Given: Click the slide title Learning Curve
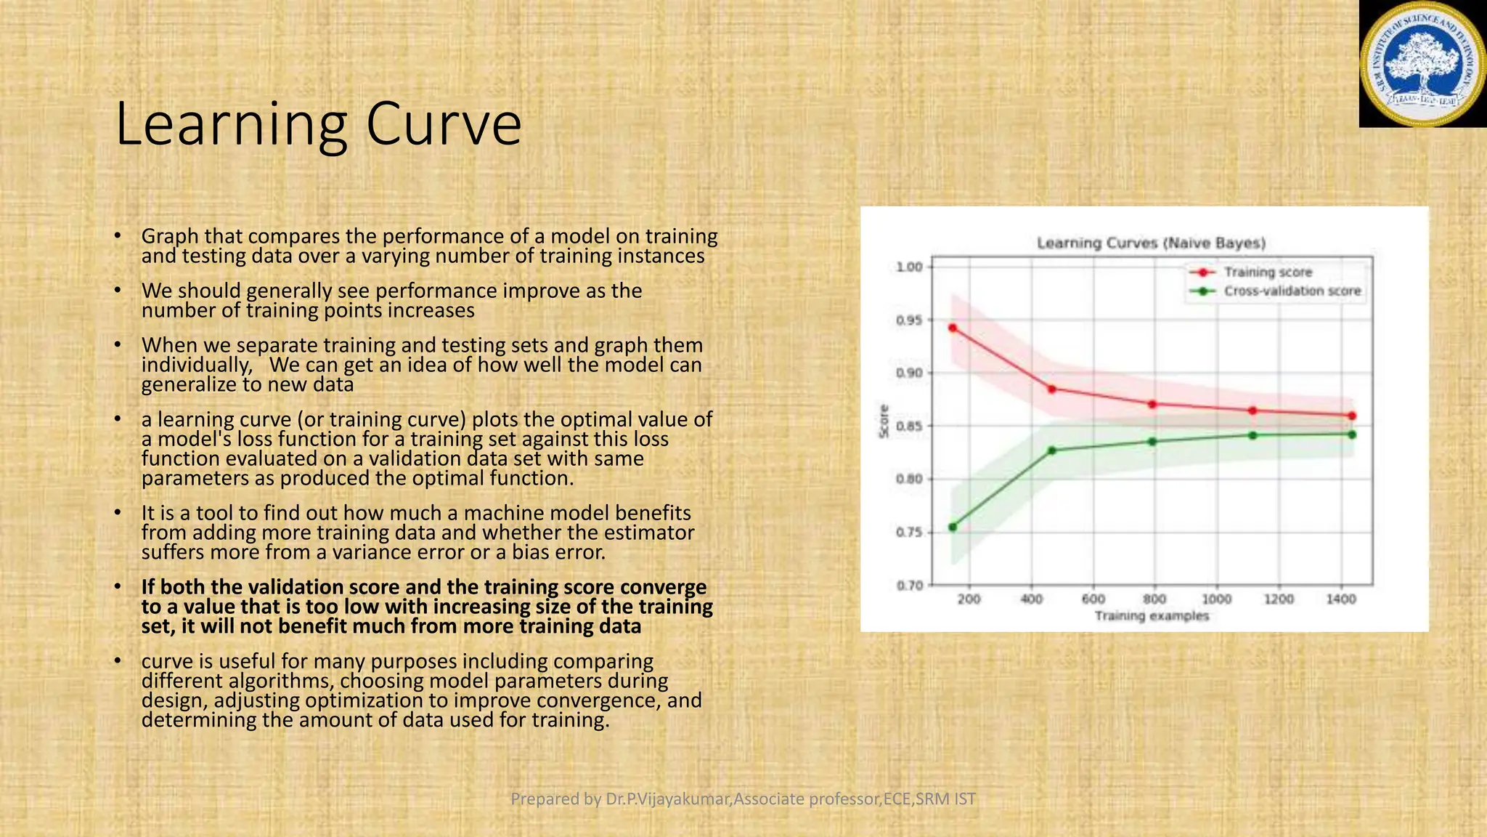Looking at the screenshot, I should click(x=318, y=124).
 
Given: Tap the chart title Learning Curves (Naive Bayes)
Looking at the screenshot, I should click(x=1151, y=243).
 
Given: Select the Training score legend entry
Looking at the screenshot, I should click(x=1267, y=272).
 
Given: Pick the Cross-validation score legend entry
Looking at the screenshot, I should click(x=1292, y=291).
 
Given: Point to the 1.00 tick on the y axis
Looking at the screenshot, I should click(x=909, y=267).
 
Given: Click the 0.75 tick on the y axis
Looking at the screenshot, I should click(x=909, y=532).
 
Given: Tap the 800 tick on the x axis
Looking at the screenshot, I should click(x=1154, y=599).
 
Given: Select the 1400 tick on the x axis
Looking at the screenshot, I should click(x=1340, y=599).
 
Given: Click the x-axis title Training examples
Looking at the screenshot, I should click(x=1152, y=616).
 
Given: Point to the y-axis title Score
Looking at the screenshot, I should click(x=884, y=421).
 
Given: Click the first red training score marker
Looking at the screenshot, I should click(x=953, y=328).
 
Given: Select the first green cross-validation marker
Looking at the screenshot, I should click(x=953, y=527).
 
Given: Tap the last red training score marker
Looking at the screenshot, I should click(x=1352, y=416).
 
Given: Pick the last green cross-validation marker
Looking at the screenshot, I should click(x=1352, y=434).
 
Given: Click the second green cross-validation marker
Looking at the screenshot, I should click(x=1052, y=450).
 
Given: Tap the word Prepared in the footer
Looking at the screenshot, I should click(x=555, y=799).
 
